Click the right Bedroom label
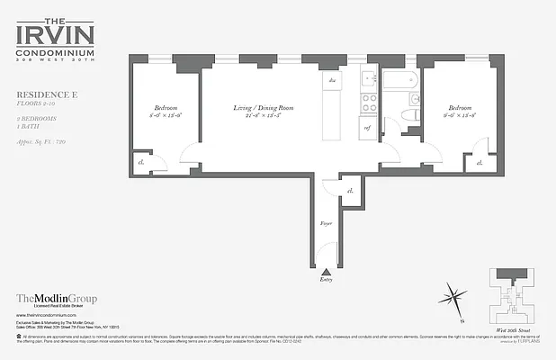458,106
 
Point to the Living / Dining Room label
264,109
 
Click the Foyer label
327,221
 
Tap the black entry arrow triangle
326,271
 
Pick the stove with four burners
369,103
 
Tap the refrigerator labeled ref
368,128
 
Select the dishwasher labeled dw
332,81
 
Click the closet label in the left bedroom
142,162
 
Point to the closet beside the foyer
349,191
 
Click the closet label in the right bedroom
480,163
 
